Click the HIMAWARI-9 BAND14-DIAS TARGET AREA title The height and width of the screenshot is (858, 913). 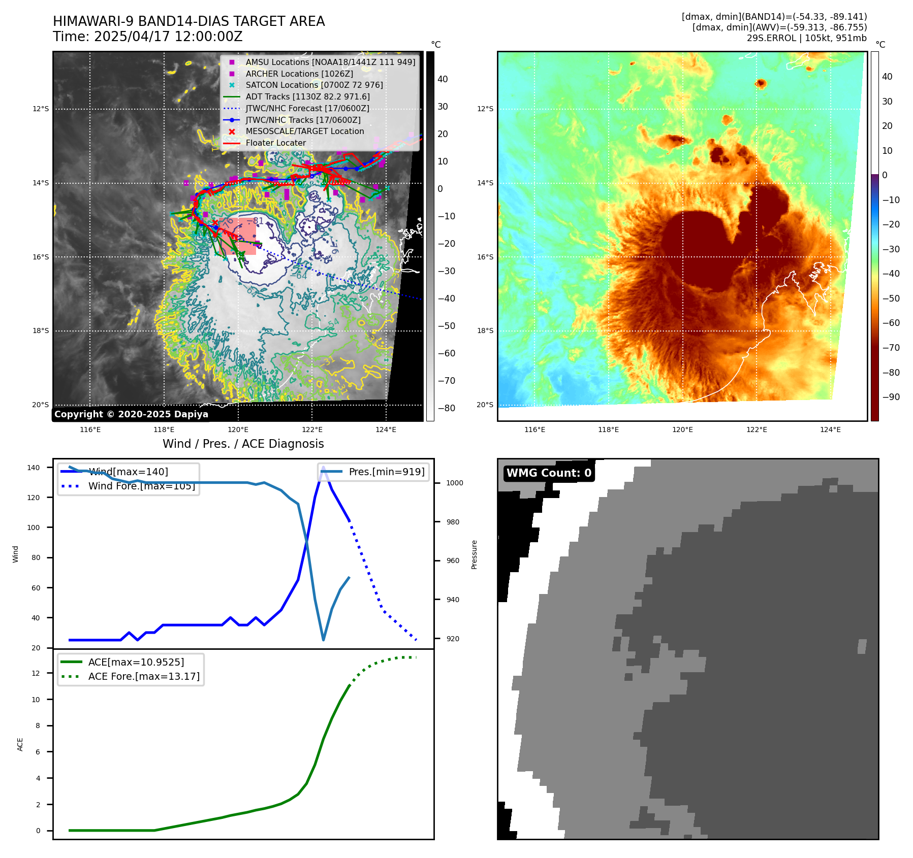point(188,21)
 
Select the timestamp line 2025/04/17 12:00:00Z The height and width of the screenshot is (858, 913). point(147,37)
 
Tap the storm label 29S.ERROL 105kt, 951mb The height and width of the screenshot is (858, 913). point(806,38)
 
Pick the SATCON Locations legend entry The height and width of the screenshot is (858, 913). point(313,85)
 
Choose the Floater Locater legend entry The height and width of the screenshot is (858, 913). point(275,143)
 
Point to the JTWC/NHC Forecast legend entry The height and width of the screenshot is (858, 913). point(307,108)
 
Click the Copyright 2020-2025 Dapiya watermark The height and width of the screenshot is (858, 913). point(131,414)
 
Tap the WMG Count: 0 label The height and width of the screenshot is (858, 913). point(548,473)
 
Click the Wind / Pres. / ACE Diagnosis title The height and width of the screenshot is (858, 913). point(243,444)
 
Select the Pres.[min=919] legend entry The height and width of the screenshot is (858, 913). point(386,472)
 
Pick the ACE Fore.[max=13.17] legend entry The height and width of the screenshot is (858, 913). point(143,676)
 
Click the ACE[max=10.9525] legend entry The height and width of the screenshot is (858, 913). point(136,662)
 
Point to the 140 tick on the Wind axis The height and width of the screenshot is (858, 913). point(34,468)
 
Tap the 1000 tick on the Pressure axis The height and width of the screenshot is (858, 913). point(454,483)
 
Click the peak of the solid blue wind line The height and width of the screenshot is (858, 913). point(323,467)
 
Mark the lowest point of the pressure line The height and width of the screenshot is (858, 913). point(323,640)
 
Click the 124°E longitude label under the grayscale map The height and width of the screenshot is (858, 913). point(386,430)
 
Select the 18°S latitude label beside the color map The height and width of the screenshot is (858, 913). point(485,331)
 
